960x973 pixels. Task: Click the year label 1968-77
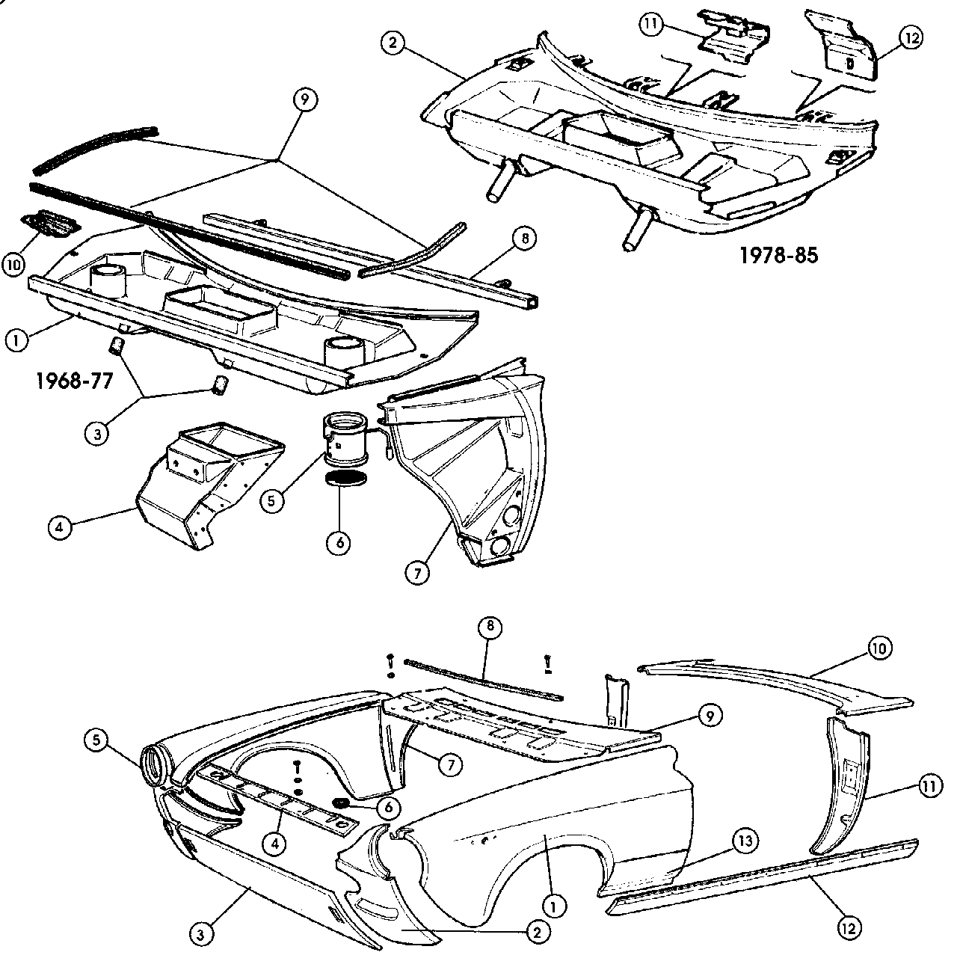pyautogui.click(x=74, y=381)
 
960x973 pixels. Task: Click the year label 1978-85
pyautogui.click(x=778, y=256)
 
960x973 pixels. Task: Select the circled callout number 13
pyautogui.click(x=744, y=841)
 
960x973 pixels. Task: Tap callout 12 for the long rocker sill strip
pyautogui.click(x=849, y=927)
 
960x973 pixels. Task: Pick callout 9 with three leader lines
pyautogui.click(x=304, y=99)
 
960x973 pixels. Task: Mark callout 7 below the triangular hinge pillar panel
pyautogui.click(x=417, y=573)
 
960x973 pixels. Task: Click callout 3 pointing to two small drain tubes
pyautogui.click(x=96, y=434)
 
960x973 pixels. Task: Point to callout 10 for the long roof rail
pyautogui.click(x=879, y=648)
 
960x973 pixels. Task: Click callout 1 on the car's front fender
pyautogui.click(x=553, y=906)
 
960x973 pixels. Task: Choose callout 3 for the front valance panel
pyautogui.click(x=201, y=933)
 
